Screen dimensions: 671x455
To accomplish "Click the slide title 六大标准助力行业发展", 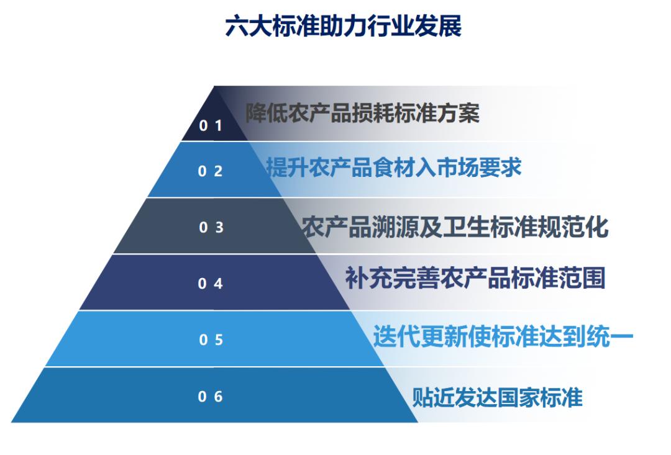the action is (x=343, y=28).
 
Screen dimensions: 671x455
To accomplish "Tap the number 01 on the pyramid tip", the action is (x=211, y=126).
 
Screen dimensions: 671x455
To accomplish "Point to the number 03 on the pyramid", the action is (x=211, y=228).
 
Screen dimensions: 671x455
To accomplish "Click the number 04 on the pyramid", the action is (x=211, y=284).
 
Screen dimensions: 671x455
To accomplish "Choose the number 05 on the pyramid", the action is (x=211, y=340).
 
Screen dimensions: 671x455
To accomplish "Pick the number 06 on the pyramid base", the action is (x=211, y=397).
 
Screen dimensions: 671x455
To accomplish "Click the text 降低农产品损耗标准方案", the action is (x=362, y=114).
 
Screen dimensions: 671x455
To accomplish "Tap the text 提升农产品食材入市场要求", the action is (x=394, y=168).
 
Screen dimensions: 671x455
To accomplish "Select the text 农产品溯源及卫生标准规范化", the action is (x=455, y=227).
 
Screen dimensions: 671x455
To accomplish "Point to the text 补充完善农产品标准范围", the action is (x=475, y=279).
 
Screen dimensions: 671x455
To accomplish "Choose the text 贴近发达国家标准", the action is (x=498, y=397).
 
